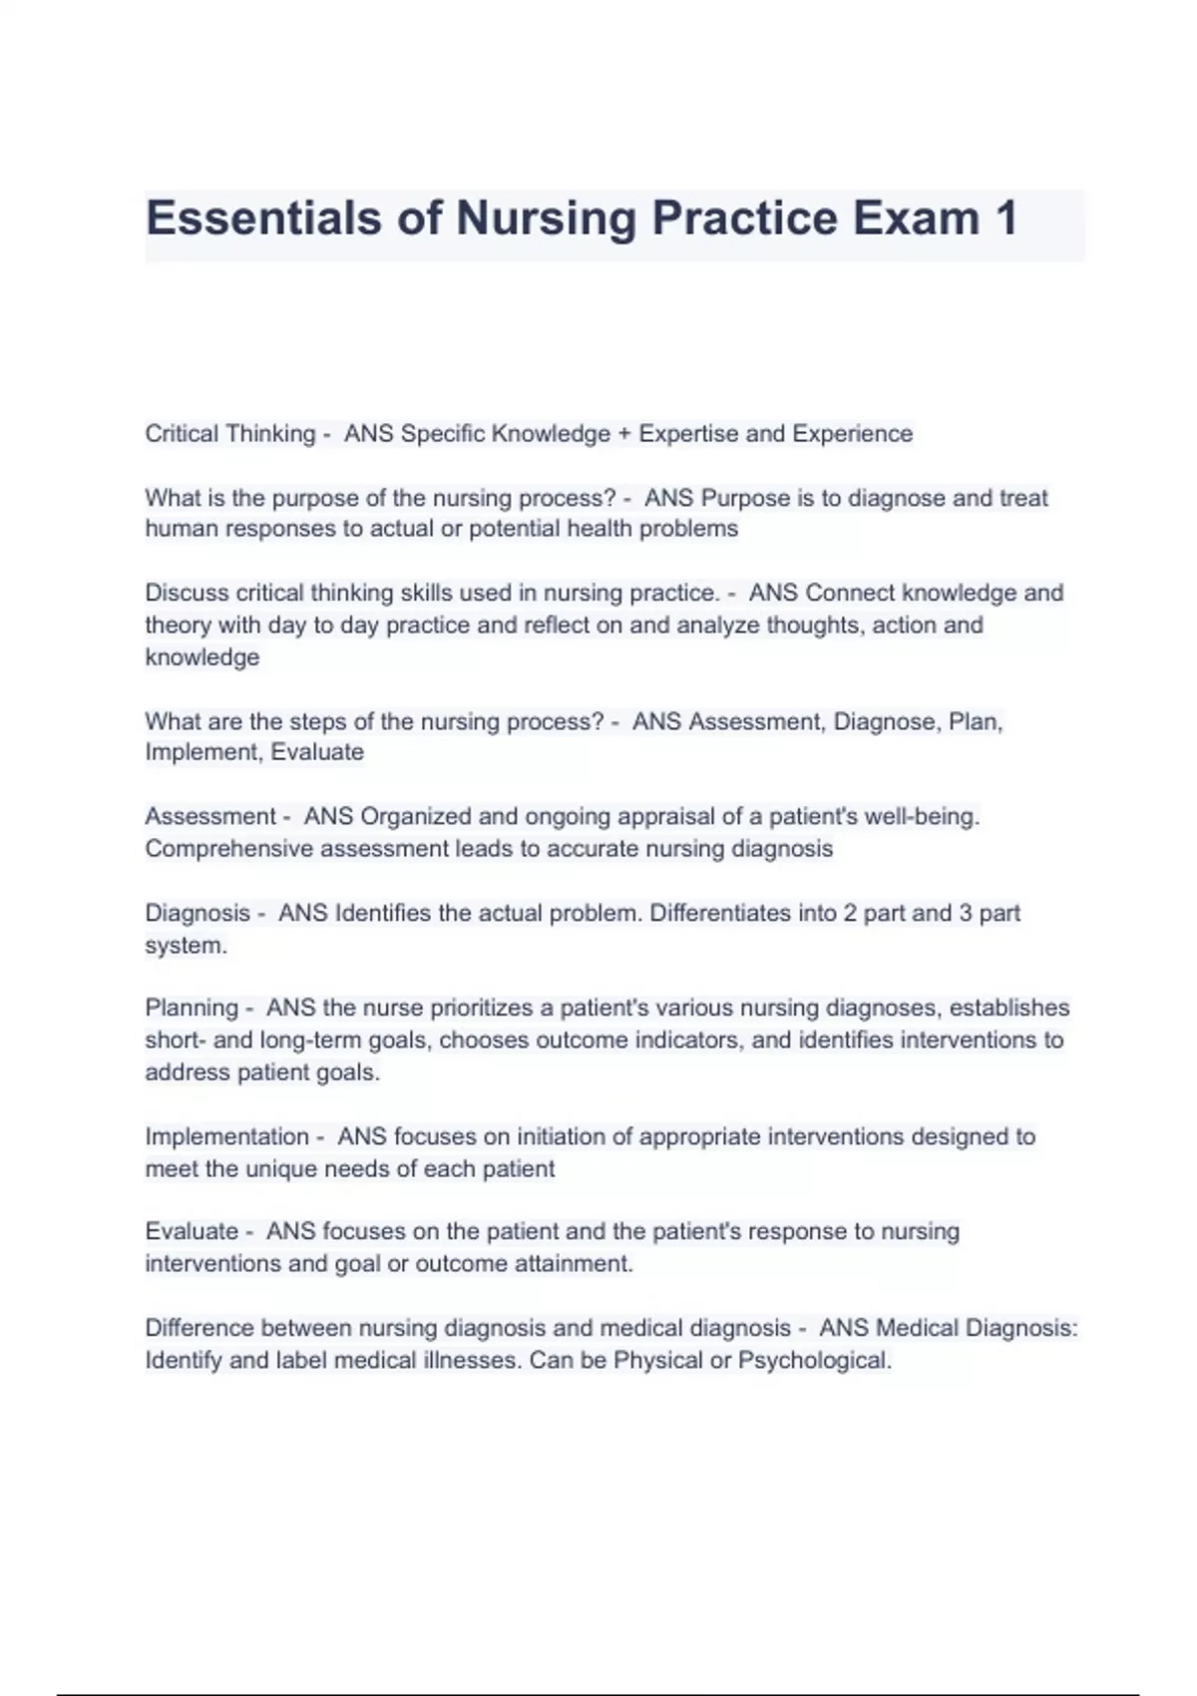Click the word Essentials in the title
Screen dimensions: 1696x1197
[x=263, y=218]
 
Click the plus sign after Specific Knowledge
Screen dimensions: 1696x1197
[x=624, y=434]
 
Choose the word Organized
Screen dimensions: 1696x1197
[x=416, y=817]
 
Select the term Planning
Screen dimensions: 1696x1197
[x=192, y=1008]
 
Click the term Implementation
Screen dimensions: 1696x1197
[x=226, y=1136]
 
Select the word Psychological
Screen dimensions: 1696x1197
[x=814, y=1361]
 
